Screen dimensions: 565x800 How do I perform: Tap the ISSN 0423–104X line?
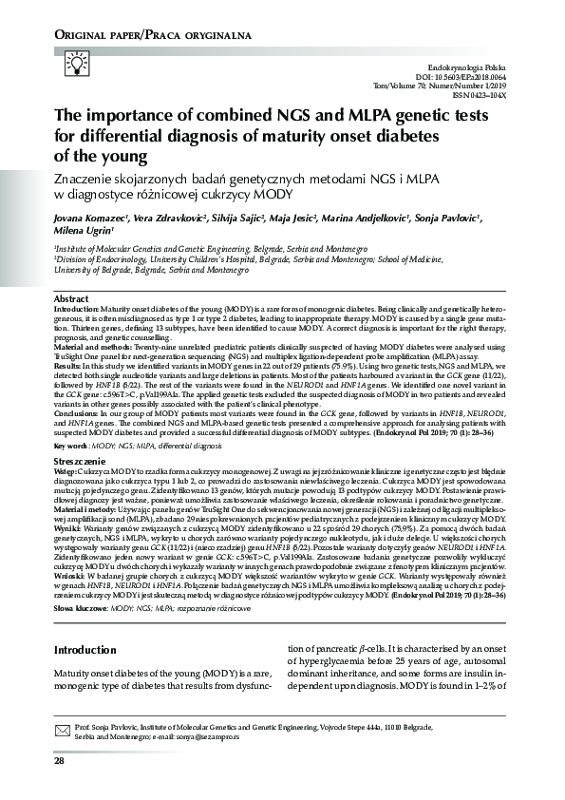(x=479, y=95)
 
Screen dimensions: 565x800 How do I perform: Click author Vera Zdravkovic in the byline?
(x=169, y=218)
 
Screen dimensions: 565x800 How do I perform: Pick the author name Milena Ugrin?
(x=84, y=231)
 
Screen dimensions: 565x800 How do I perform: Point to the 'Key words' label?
(x=74, y=446)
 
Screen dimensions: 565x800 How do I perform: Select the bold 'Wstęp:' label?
(x=66, y=470)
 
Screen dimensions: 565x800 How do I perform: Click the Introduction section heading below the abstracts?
(x=85, y=651)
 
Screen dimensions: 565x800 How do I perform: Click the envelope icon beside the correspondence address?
(x=64, y=728)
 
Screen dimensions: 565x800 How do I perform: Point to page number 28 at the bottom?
(x=59, y=761)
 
